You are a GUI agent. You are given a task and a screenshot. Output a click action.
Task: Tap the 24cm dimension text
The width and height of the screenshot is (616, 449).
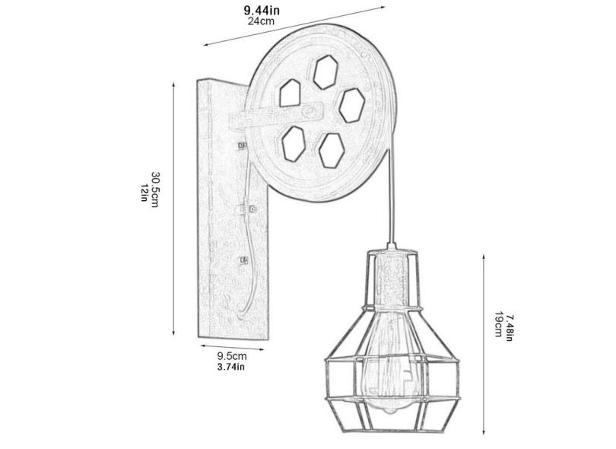pos(261,21)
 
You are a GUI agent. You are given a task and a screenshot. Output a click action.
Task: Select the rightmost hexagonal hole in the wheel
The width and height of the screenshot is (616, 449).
pos(352,104)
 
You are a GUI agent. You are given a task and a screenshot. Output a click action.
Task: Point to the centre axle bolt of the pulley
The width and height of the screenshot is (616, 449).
pos(310,114)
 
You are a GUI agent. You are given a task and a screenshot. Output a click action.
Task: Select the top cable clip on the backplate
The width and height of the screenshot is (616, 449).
pos(243,145)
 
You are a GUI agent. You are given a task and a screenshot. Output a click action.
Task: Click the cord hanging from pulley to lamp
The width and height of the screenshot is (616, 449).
pos(392,198)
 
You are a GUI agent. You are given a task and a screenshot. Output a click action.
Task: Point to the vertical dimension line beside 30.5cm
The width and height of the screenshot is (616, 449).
pos(175,205)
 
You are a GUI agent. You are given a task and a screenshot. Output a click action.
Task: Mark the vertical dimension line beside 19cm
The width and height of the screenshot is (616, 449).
pos(485,342)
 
